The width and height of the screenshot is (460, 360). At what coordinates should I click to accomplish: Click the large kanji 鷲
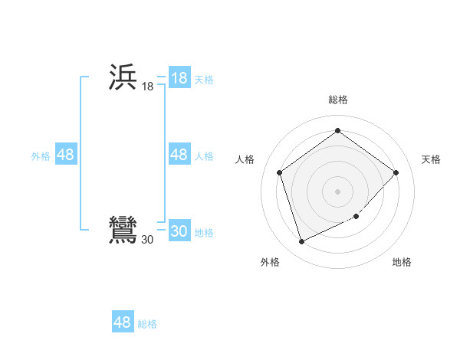coord(123,231)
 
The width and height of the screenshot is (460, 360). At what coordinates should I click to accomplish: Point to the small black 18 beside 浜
coord(147,87)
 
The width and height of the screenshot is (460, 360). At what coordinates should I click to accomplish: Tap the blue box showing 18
coord(179,78)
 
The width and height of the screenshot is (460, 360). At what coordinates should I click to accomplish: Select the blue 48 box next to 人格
coord(179,155)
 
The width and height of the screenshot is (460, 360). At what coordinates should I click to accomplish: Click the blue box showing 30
coord(179,231)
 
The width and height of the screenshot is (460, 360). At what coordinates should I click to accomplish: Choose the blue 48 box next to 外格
coord(65,155)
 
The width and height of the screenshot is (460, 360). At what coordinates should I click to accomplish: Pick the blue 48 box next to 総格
coord(123,322)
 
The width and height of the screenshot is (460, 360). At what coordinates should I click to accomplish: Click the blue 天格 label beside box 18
coord(204,80)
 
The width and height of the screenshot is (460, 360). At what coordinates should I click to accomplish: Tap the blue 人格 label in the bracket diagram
coord(204,156)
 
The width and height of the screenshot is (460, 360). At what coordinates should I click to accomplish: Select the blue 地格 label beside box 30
coord(204,233)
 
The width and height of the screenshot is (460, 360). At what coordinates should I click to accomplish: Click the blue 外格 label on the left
coord(41,156)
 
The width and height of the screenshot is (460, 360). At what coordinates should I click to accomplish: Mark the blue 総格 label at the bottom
coord(147,324)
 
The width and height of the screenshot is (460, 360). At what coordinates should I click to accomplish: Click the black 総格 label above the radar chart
coord(337,100)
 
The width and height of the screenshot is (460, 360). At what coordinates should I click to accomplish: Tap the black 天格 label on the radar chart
coord(431,159)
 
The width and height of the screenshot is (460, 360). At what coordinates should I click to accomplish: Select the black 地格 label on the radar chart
coord(402,262)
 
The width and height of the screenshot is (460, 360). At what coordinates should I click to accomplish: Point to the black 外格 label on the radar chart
coord(269,262)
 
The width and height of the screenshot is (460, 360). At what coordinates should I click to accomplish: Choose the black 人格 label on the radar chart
coord(245,159)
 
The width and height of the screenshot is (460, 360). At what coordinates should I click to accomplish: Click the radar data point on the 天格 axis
coord(396,172)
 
